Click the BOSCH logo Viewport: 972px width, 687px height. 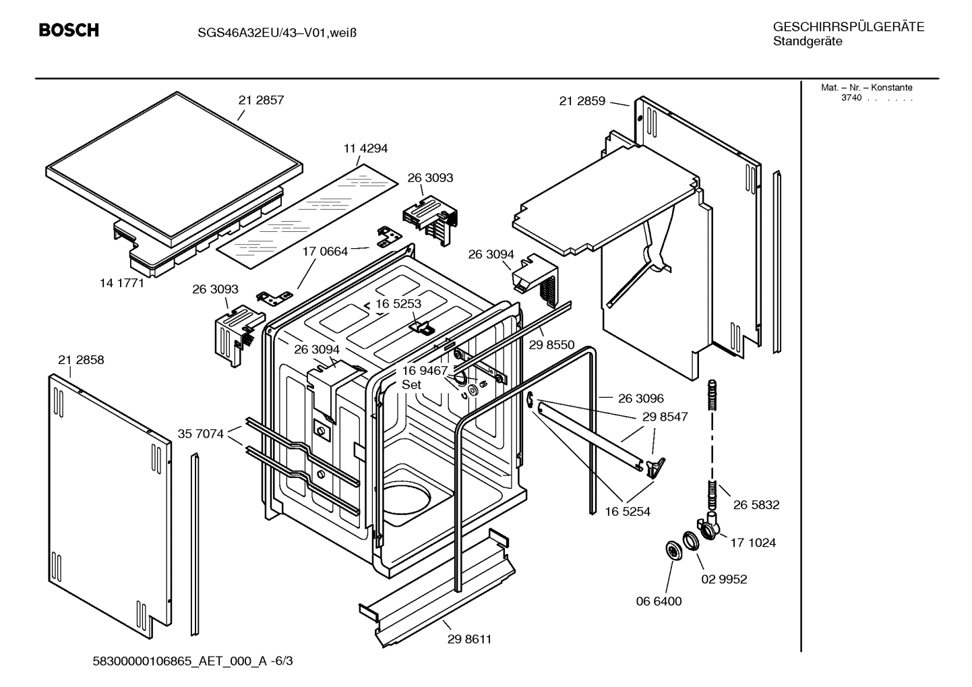click(x=69, y=30)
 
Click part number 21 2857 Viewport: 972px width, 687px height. click(x=261, y=100)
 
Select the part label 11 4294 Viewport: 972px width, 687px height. click(x=365, y=148)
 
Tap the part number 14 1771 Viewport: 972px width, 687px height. click(x=122, y=283)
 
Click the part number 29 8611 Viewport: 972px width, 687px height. click(x=469, y=639)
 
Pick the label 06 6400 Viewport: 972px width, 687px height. click(x=659, y=601)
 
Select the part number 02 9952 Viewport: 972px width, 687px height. click(x=724, y=579)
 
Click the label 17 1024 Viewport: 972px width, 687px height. click(x=753, y=542)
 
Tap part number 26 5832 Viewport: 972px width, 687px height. click(x=756, y=504)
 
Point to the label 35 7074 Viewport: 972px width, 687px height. click(x=200, y=434)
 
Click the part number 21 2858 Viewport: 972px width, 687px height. click(x=81, y=360)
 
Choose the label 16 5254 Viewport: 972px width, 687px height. click(x=627, y=512)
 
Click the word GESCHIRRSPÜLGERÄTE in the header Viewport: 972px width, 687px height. click(x=848, y=27)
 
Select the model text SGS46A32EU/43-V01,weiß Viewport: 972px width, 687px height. click(x=268, y=32)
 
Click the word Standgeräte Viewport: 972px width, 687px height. click(x=808, y=42)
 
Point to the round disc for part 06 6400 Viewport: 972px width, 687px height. click(x=673, y=549)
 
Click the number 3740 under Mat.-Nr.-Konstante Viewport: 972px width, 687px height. click(x=851, y=98)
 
